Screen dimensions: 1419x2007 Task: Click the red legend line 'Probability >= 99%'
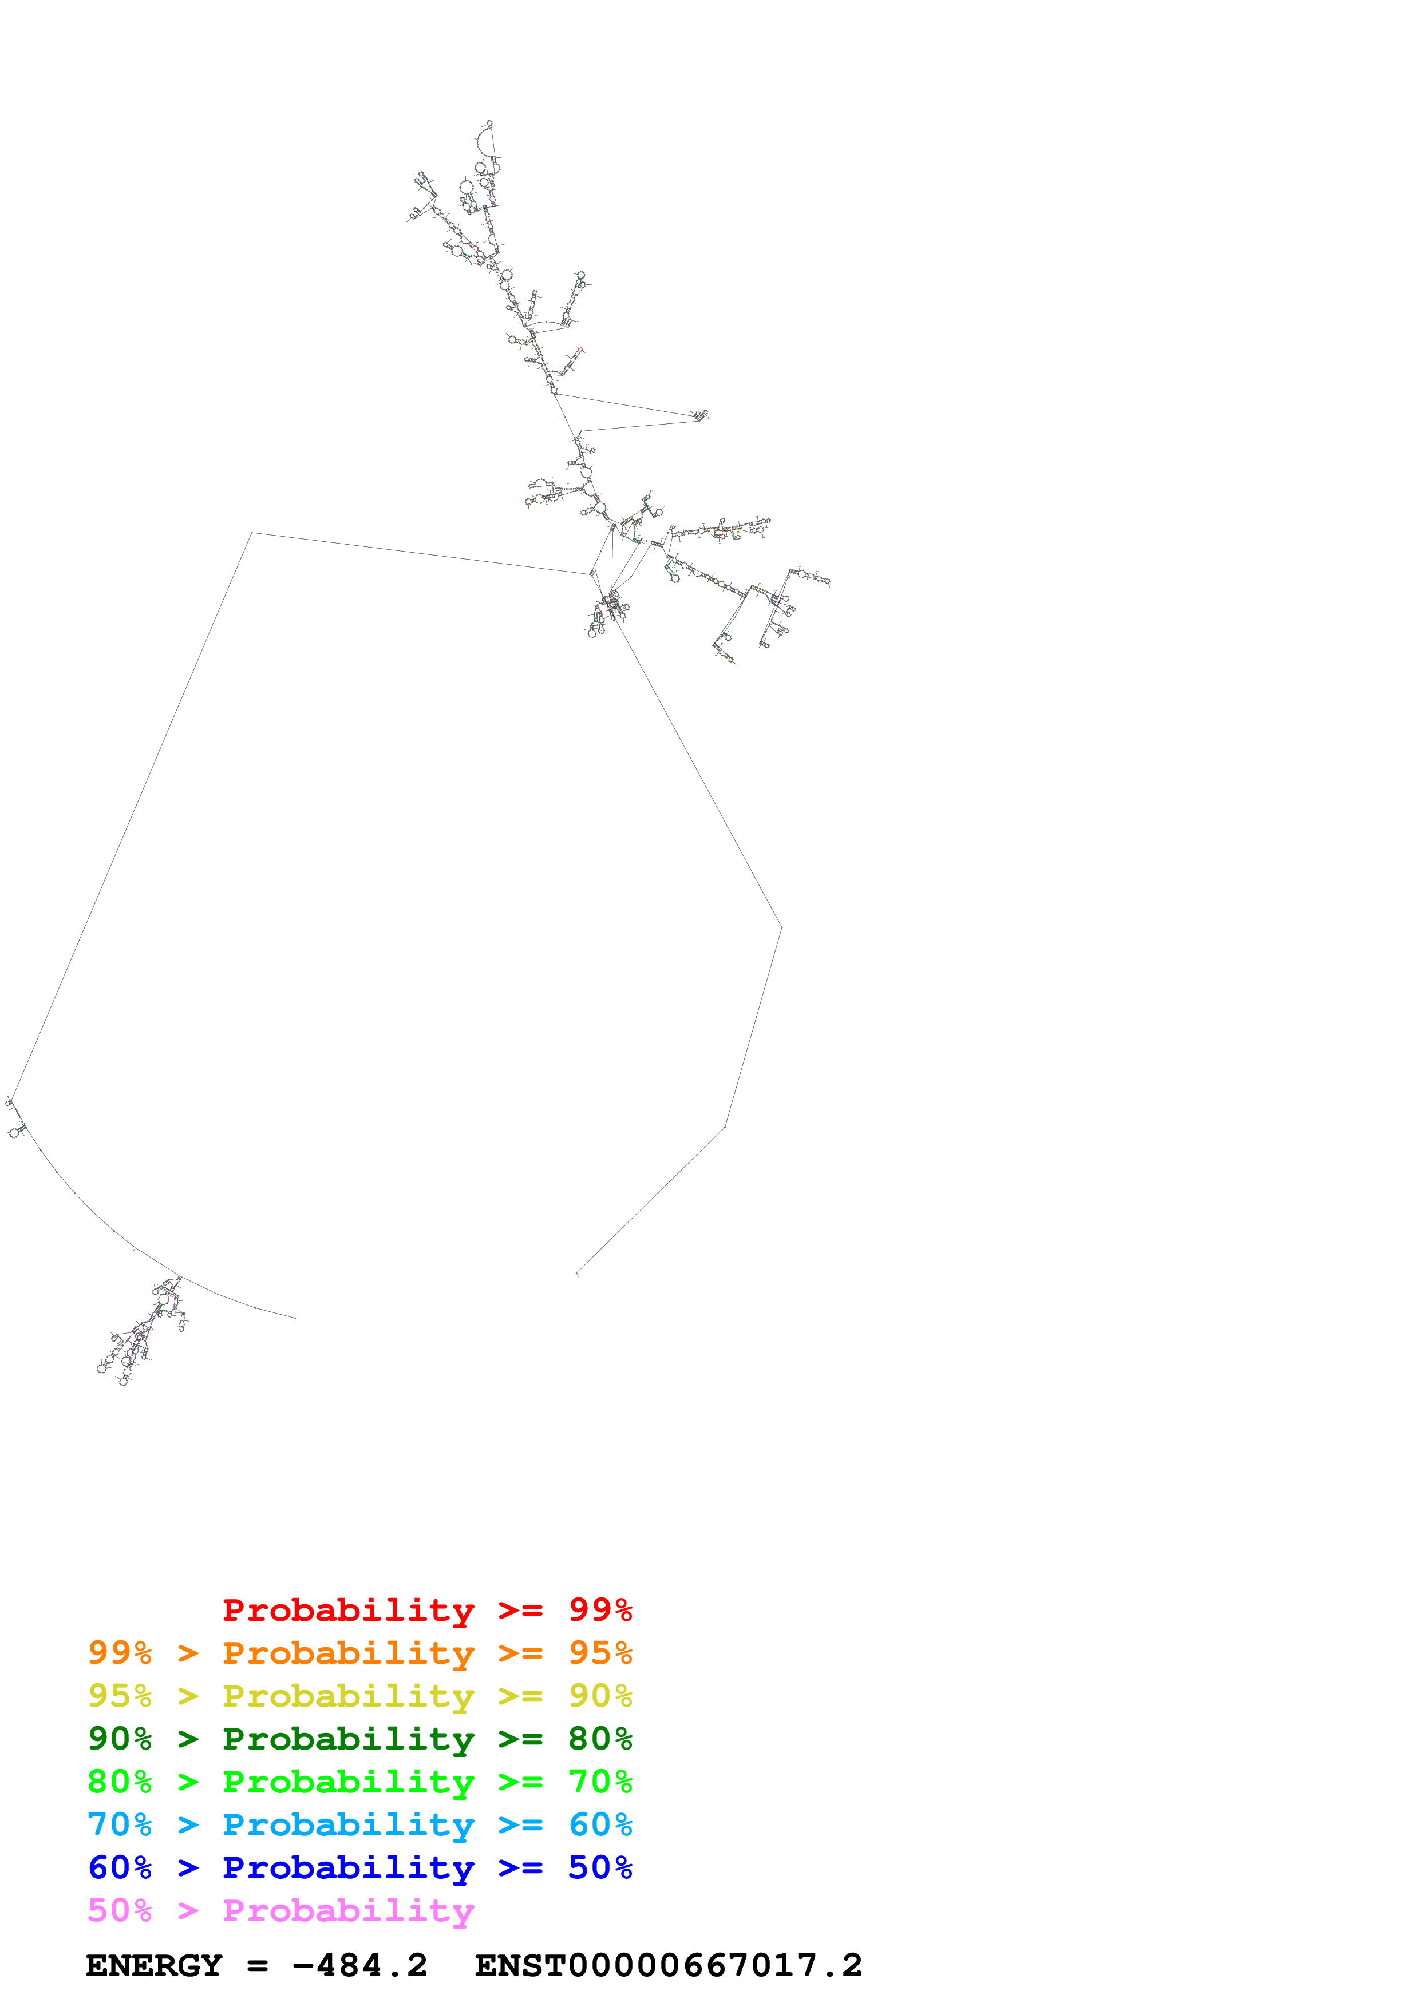(x=426, y=1610)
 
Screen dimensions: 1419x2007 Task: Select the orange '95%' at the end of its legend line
(x=600, y=1653)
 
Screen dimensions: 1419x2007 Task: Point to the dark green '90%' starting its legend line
(x=120, y=1739)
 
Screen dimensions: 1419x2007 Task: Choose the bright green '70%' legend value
(x=600, y=1782)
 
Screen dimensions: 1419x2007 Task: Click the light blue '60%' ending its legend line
(x=600, y=1824)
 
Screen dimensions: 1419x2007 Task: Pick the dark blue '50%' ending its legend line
(x=600, y=1867)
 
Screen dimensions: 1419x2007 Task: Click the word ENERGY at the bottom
(x=154, y=1966)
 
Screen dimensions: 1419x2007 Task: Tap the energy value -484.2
(x=360, y=1966)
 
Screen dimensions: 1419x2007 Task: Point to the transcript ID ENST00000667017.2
(x=668, y=1966)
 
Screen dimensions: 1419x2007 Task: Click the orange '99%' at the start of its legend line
(x=120, y=1653)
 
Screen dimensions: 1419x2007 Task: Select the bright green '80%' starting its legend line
(x=120, y=1782)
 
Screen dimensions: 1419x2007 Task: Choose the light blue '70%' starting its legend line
(x=120, y=1824)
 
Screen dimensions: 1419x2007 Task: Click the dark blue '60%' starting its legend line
(x=120, y=1867)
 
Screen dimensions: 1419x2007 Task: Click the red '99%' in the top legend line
(x=600, y=1610)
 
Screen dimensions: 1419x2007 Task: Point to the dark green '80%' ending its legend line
(x=600, y=1739)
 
